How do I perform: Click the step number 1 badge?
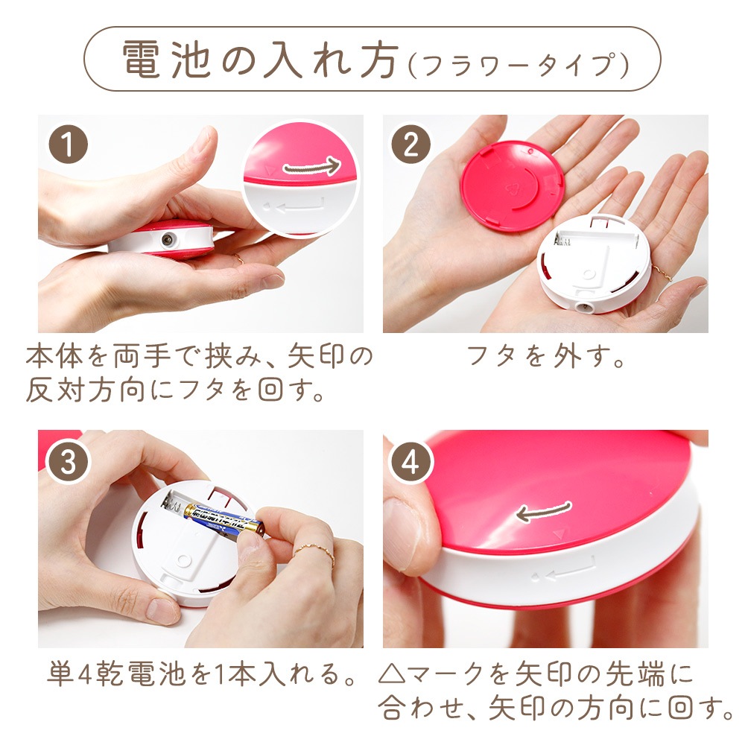tap(68, 144)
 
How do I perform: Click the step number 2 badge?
tap(410, 144)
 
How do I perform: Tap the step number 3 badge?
tap(68, 462)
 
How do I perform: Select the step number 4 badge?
tap(410, 462)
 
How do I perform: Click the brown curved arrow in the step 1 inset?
tap(311, 166)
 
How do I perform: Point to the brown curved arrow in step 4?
tap(543, 511)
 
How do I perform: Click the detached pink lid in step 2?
tap(513, 186)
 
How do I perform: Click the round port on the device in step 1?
tap(167, 239)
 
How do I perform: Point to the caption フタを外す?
tap(545, 356)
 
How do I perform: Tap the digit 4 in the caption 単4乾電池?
tap(84, 673)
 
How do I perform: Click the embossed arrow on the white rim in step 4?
tap(567, 570)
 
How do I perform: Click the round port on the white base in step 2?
tap(581, 307)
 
